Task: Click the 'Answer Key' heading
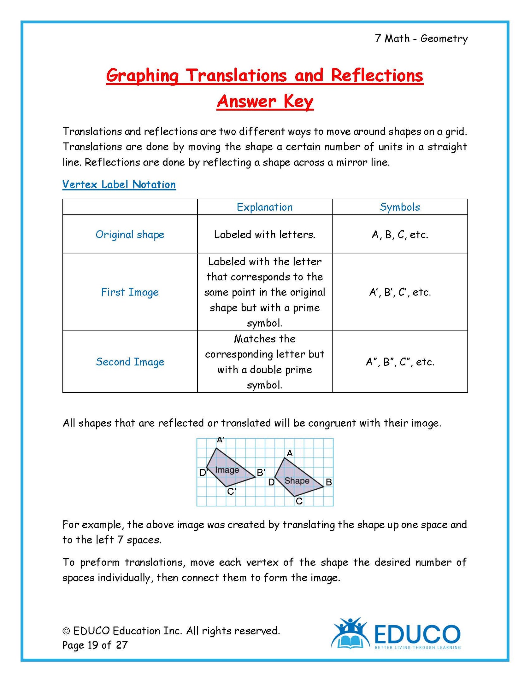pyautogui.click(x=265, y=102)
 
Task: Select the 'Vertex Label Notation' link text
pyautogui.click(x=119, y=184)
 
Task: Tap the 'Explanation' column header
pyautogui.click(x=265, y=207)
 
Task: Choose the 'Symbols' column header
pyautogui.click(x=400, y=207)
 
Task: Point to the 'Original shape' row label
pyautogui.click(x=130, y=235)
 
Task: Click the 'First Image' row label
pyautogui.click(x=130, y=292)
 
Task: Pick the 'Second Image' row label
pyautogui.click(x=130, y=362)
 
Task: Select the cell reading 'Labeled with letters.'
pyautogui.click(x=265, y=235)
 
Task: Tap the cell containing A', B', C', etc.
pyautogui.click(x=400, y=292)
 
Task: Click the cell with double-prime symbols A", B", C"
pyautogui.click(x=400, y=362)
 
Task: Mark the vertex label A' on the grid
pyautogui.click(x=221, y=440)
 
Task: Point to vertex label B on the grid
pyautogui.click(x=329, y=482)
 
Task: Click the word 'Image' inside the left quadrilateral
pyautogui.click(x=227, y=470)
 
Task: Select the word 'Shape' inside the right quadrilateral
pyautogui.click(x=297, y=481)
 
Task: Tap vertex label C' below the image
pyautogui.click(x=232, y=492)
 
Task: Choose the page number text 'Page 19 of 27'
pyautogui.click(x=95, y=645)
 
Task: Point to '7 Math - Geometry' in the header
pyautogui.click(x=421, y=39)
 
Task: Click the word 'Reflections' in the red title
pyautogui.click(x=377, y=76)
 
